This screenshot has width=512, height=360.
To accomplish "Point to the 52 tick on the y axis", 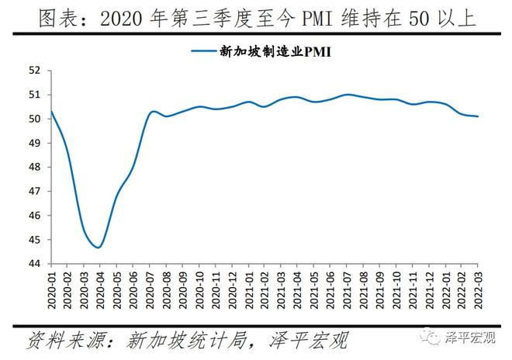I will tap(33, 70).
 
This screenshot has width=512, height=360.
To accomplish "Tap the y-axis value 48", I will tap(33, 167).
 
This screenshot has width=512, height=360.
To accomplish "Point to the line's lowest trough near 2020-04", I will tap(99, 247).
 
